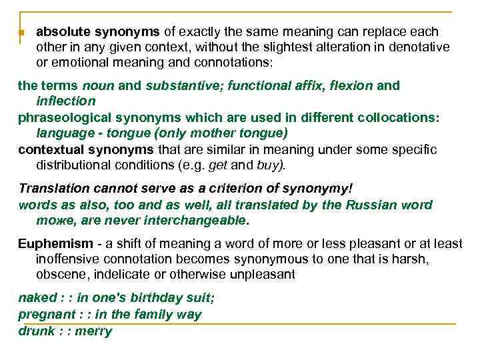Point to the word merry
coord(93,331)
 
